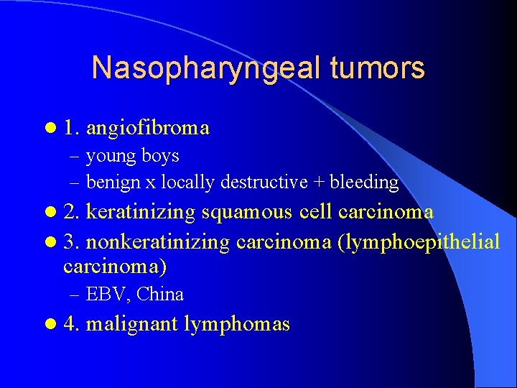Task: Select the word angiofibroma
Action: (x=148, y=128)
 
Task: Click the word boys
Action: (x=160, y=156)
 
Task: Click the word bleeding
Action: (x=365, y=183)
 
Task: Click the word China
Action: (x=160, y=294)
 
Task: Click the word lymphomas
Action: (x=237, y=324)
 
